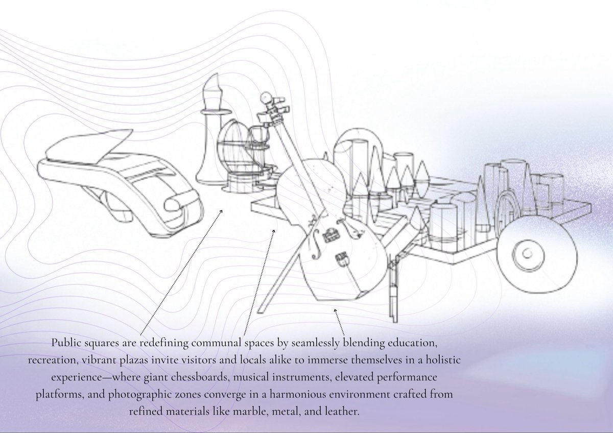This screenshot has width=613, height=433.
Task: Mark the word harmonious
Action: (298, 394)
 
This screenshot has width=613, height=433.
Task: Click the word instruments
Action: (301, 377)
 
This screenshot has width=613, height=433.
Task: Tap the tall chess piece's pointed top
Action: (216, 74)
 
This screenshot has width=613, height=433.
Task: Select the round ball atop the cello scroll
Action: (266, 98)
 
